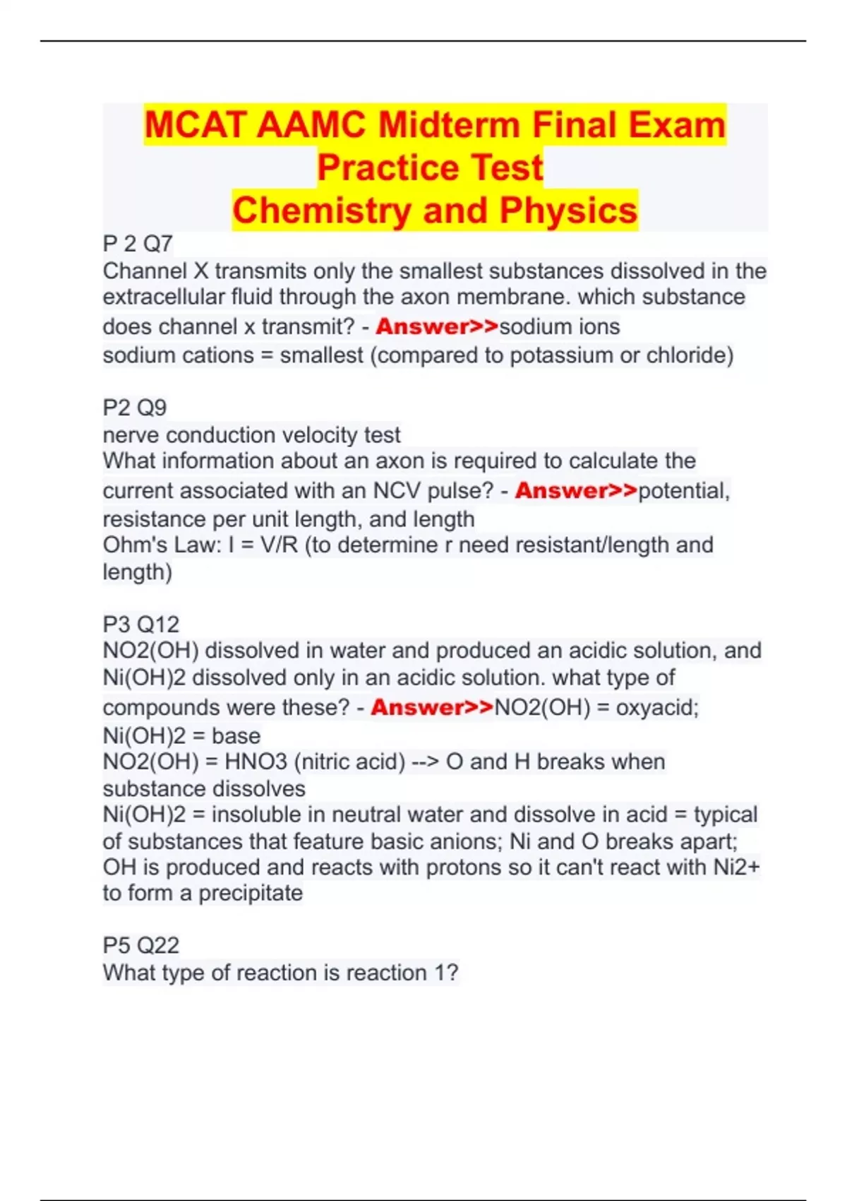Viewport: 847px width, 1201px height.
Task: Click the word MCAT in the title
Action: click(195, 125)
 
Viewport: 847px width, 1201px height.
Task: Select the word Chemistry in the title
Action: click(321, 211)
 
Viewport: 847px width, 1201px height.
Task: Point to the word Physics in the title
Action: click(568, 211)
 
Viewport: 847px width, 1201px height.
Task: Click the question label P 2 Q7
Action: click(138, 244)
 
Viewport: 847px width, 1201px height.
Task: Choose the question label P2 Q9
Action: click(135, 408)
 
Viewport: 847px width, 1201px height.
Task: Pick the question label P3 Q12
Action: click(141, 624)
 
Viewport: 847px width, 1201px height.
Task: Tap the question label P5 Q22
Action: click(141, 945)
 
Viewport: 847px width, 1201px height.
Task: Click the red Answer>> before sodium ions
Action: click(437, 326)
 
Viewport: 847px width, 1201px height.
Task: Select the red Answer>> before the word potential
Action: click(576, 490)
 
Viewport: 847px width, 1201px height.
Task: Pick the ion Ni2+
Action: click(736, 867)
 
